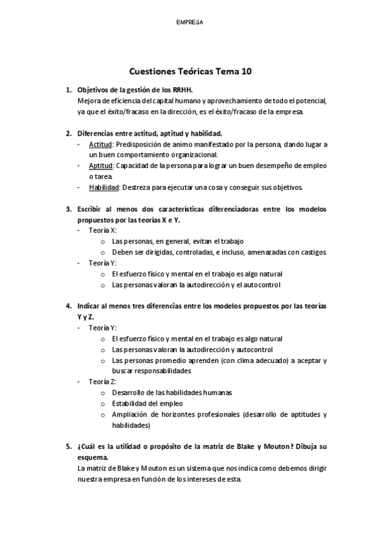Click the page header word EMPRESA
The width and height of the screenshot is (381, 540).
[x=190, y=22]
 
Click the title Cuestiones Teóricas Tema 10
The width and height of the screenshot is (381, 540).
[x=190, y=72]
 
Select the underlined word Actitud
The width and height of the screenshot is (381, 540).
[x=101, y=145]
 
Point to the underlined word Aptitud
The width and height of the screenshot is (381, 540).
[x=101, y=166]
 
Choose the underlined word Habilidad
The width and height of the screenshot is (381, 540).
[x=104, y=187]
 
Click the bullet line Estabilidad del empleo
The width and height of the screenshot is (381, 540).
[x=147, y=403]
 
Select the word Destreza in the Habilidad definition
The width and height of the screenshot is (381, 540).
[x=137, y=187]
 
